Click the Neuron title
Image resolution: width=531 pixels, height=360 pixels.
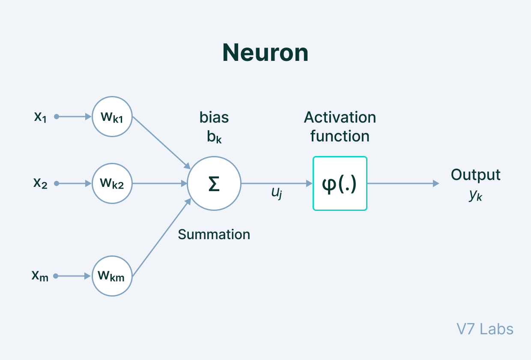coord(265,53)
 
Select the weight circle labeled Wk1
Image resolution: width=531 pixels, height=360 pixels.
coord(112,117)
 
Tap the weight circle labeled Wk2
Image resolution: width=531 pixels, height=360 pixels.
coord(112,183)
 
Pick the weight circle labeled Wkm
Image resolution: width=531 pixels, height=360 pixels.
coord(112,276)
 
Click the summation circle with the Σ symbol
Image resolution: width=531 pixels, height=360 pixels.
coord(214,183)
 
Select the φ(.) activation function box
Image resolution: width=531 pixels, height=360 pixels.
coord(340,183)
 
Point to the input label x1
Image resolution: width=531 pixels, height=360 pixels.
coord(40,117)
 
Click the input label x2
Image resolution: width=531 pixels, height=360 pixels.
coord(40,183)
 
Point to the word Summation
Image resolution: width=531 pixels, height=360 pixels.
coord(214,234)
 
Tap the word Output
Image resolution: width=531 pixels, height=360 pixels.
coord(475,175)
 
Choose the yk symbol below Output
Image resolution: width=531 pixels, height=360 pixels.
coord(475,195)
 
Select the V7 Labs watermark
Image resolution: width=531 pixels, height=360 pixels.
coord(485,329)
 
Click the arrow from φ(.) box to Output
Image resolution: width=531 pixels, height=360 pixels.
coord(403,183)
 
